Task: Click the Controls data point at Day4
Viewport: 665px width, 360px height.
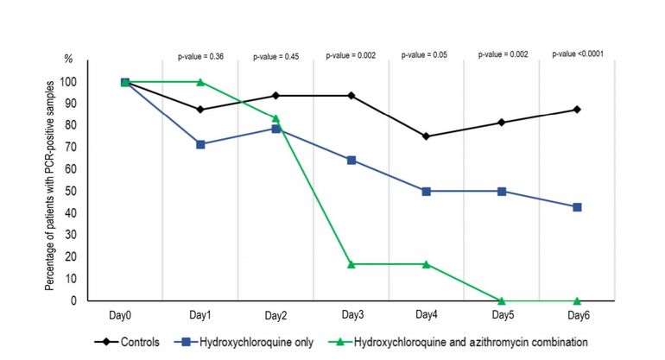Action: (426, 136)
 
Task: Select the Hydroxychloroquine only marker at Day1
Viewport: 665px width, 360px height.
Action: (200, 144)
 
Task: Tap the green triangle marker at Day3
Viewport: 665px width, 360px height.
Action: (351, 263)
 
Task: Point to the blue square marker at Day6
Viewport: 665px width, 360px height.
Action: (576, 207)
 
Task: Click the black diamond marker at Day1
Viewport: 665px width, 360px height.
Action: (200, 110)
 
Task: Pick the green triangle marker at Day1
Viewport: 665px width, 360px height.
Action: (200, 82)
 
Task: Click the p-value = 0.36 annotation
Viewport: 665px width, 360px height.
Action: (200, 57)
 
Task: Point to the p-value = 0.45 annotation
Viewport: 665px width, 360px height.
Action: (276, 57)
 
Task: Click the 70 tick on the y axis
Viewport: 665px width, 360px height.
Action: (92, 148)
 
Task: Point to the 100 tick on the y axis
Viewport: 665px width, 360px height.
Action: (91, 82)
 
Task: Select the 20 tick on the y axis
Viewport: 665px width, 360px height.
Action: (92, 257)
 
